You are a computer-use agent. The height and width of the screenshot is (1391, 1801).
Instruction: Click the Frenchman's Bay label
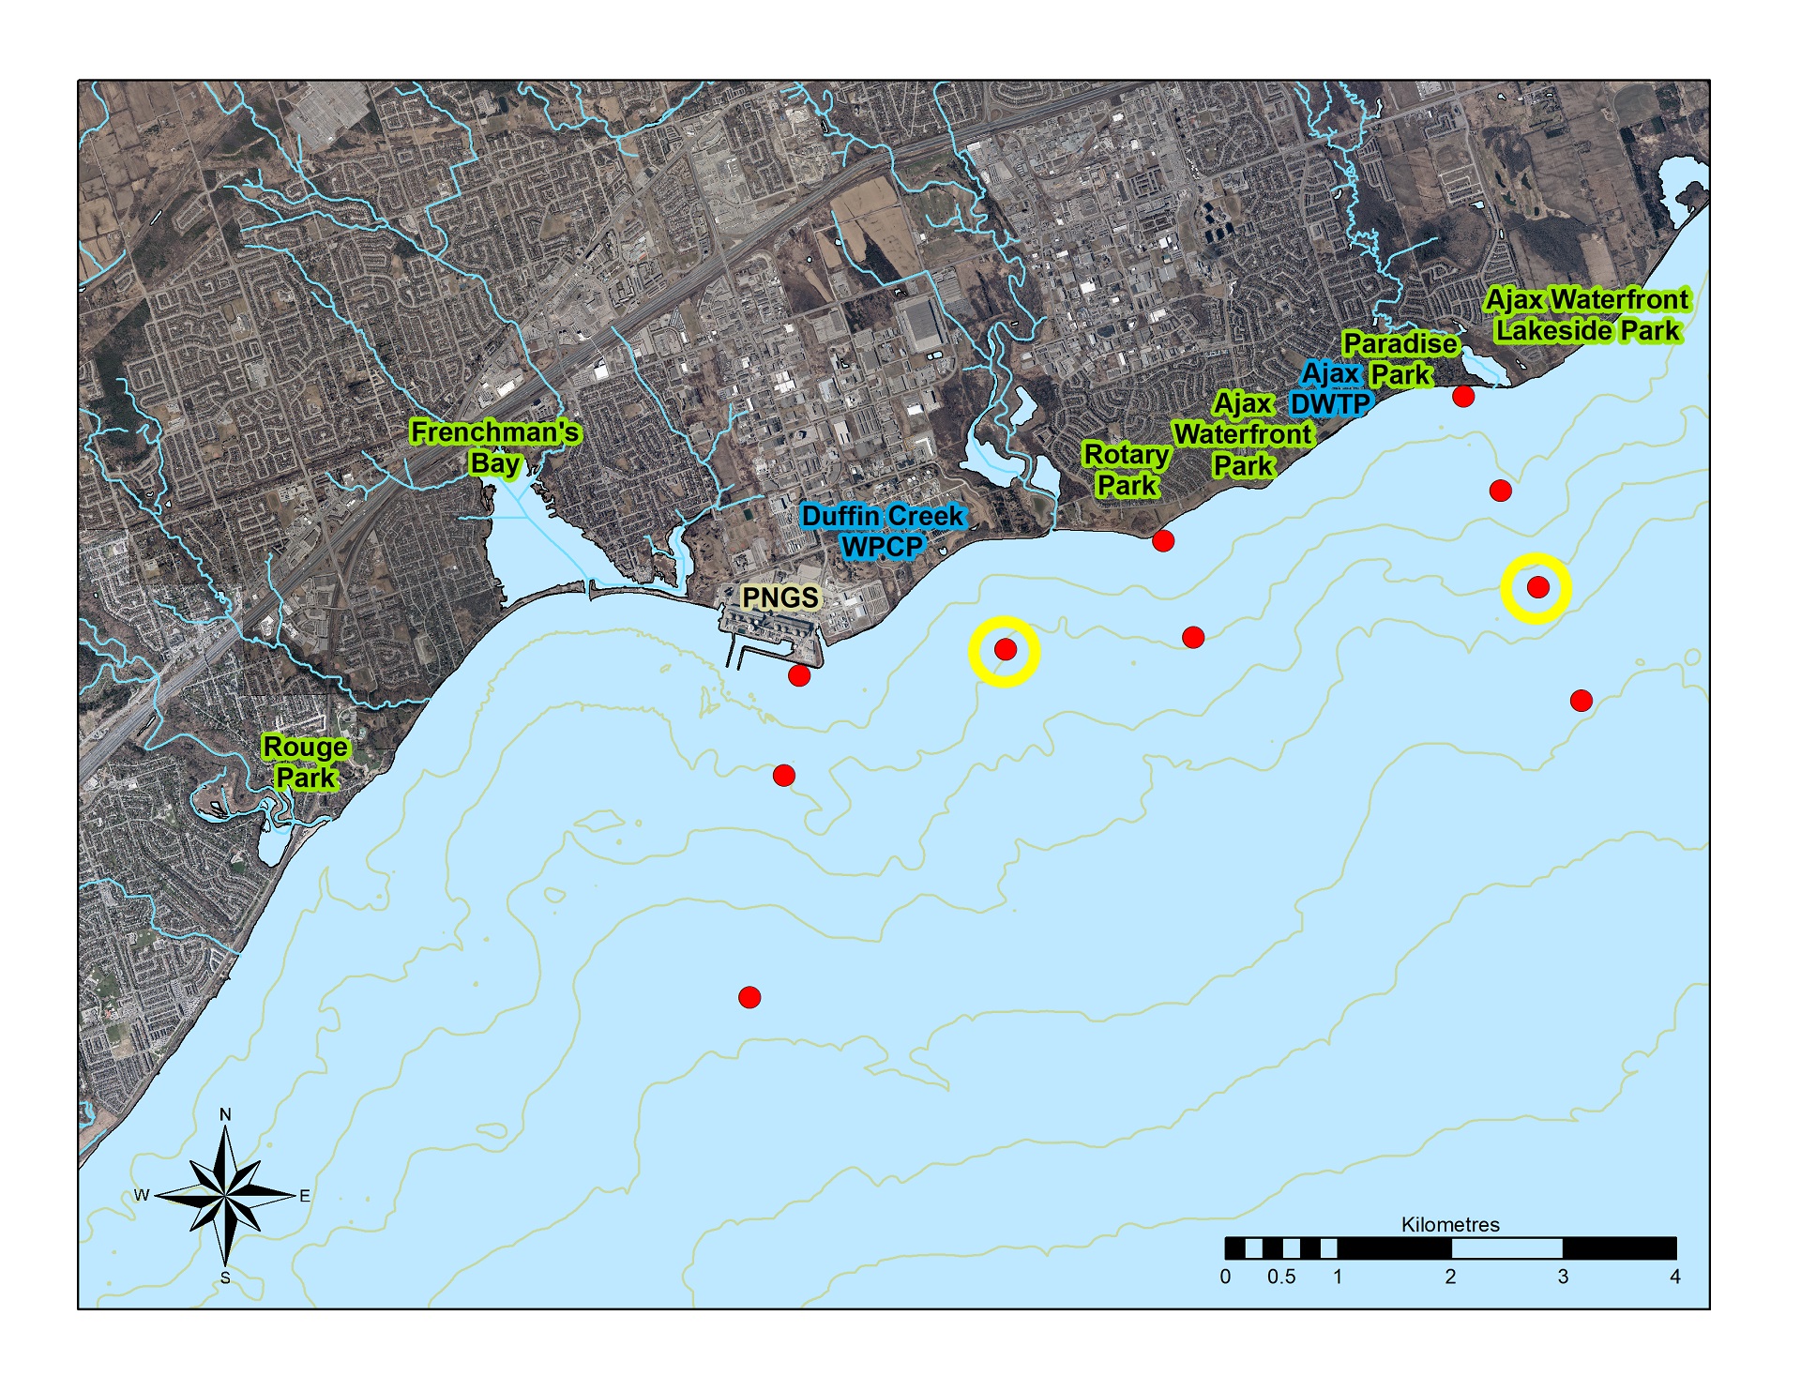click(494, 447)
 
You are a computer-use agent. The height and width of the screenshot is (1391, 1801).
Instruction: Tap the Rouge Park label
click(305, 763)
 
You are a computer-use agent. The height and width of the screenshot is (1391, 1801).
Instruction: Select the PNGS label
click(779, 597)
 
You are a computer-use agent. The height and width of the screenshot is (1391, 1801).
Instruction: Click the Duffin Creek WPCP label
click(882, 531)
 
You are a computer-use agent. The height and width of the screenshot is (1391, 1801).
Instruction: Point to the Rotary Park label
click(1127, 470)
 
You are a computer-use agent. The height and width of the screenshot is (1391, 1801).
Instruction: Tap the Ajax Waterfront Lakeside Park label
click(1586, 315)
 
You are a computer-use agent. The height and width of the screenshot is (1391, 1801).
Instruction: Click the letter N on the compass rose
click(225, 1114)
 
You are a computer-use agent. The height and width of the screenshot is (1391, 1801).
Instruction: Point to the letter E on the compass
click(305, 1196)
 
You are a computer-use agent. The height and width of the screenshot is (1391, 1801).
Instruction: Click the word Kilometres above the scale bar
click(1450, 1225)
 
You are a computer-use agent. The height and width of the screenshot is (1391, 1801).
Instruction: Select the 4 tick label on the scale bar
click(1674, 1277)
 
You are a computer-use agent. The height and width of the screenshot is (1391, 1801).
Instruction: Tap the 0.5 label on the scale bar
click(1281, 1277)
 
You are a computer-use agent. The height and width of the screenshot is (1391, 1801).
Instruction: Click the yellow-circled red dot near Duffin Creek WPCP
click(1005, 649)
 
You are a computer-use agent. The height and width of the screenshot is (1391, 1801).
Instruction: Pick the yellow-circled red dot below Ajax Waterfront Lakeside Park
click(1537, 587)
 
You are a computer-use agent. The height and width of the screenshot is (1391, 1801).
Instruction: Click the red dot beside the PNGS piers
click(799, 675)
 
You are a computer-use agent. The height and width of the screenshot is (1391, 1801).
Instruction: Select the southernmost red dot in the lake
click(749, 997)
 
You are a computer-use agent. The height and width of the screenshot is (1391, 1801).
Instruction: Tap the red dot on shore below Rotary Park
click(1163, 540)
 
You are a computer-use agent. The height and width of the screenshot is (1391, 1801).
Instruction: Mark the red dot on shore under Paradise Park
click(1463, 396)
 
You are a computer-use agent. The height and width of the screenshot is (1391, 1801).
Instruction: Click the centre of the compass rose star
click(225, 1195)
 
